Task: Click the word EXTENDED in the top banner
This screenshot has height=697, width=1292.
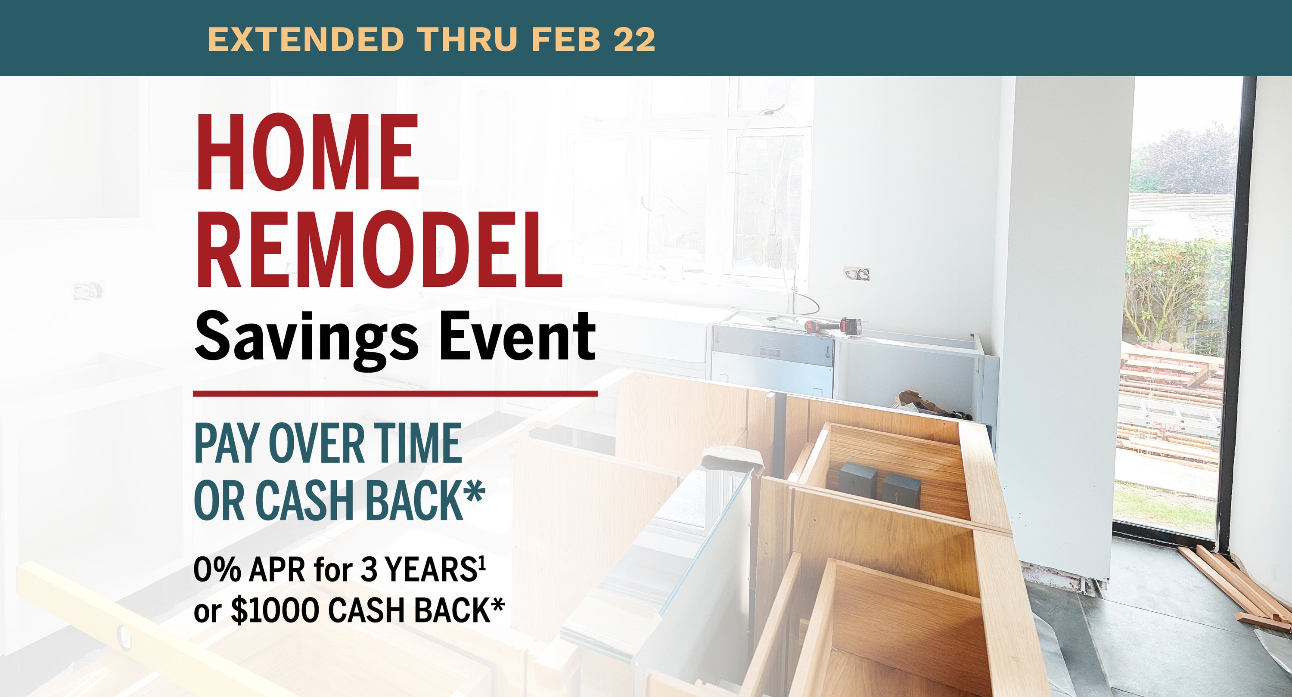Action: point(306,39)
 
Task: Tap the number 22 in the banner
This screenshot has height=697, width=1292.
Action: point(634,39)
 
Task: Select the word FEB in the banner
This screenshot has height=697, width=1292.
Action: point(565,39)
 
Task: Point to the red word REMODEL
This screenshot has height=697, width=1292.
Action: point(379,249)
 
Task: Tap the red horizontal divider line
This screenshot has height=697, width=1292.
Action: point(395,393)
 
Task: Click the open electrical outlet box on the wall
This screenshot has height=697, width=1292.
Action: point(857,274)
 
